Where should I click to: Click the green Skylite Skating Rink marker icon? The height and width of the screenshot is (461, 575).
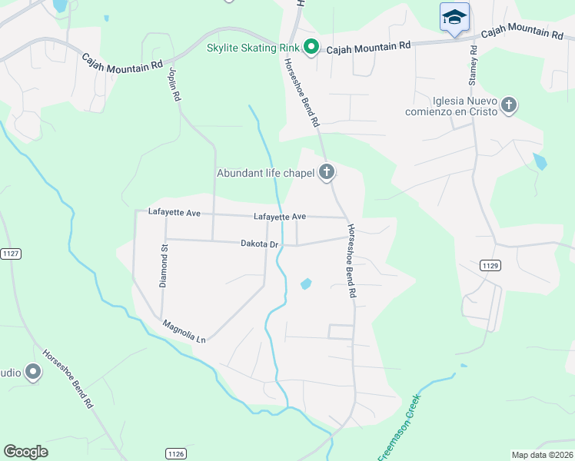[311, 48]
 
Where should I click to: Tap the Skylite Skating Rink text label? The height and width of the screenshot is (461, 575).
[253, 48]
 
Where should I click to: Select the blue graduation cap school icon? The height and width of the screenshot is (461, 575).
[454, 17]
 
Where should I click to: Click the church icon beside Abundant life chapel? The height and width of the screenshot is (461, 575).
[327, 172]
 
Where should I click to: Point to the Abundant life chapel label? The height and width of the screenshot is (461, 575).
[266, 173]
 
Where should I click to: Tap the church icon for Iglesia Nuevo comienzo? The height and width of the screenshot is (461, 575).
[507, 104]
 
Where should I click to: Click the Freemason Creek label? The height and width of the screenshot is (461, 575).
[400, 428]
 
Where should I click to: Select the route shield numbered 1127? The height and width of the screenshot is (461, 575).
[9, 253]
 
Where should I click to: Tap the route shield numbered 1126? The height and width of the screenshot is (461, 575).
[176, 454]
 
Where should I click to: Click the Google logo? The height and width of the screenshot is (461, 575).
[25, 452]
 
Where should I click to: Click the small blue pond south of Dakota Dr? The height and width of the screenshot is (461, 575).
[306, 284]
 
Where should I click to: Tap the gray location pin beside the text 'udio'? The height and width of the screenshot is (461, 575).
[32, 373]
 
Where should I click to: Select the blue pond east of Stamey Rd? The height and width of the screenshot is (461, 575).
[540, 161]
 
